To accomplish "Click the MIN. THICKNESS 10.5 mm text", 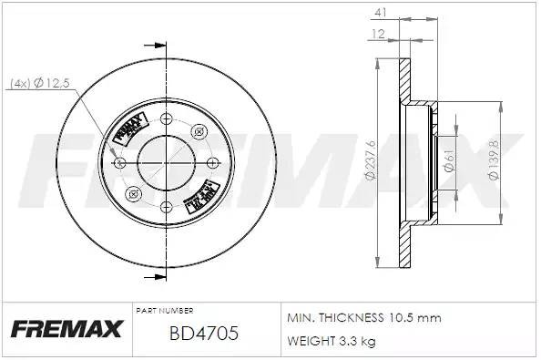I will click(363, 318).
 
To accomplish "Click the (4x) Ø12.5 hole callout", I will click(39, 85).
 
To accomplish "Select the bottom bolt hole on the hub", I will click(166, 207).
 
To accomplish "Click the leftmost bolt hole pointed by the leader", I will click(122, 162).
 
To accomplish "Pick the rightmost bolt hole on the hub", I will click(210, 162).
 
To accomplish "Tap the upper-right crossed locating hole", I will click(198, 132).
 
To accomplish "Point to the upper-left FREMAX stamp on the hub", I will click(129, 129).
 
